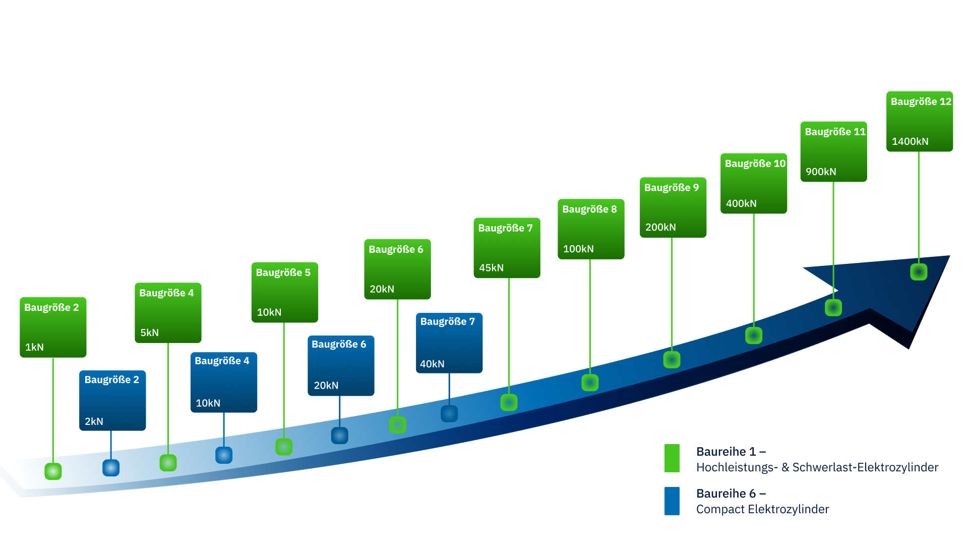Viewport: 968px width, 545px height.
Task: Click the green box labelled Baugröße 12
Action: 920,121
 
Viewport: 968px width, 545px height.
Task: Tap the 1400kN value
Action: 910,142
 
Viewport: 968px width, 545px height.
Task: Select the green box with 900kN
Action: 833,151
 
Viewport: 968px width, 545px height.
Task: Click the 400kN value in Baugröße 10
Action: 741,204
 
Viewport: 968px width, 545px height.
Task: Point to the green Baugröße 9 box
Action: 673,207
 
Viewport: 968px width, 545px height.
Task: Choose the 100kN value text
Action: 578,249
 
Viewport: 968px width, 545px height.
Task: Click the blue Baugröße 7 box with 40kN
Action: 449,343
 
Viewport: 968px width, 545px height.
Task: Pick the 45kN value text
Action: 491,268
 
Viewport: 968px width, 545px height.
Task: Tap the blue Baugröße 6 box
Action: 341,365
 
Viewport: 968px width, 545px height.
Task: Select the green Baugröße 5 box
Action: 284,292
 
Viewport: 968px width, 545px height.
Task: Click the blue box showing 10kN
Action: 224,383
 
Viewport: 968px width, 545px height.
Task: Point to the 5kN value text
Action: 149,333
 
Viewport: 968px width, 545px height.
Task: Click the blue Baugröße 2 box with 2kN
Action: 112,401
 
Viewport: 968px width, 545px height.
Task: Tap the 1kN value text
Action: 34,348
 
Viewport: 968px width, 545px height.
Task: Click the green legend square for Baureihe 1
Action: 672,458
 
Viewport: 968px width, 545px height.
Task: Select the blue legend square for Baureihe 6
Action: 672,501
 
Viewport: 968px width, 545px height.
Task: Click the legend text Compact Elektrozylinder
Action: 762,510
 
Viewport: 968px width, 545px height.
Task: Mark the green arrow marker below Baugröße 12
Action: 919,272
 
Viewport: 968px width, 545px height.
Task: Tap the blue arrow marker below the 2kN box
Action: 111,468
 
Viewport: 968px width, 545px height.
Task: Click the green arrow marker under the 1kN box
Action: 53,471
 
